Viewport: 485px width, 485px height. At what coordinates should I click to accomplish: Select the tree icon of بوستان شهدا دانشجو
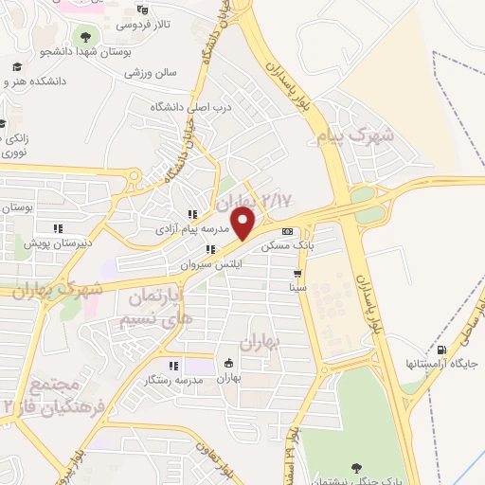[86, 37]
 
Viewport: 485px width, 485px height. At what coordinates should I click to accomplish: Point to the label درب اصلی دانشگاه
[190, 107]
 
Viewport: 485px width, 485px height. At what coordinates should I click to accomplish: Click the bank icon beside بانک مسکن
[287, 231]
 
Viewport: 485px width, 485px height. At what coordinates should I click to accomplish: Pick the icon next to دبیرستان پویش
[57, 227]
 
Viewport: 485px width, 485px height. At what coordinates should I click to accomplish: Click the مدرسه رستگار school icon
[171, 366]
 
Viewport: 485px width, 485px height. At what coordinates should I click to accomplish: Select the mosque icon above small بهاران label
[228, 363]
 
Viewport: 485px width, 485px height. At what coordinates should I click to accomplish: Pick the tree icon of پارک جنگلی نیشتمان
[356, 467]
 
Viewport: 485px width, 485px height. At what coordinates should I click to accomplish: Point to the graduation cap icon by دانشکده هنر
[16, 67]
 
